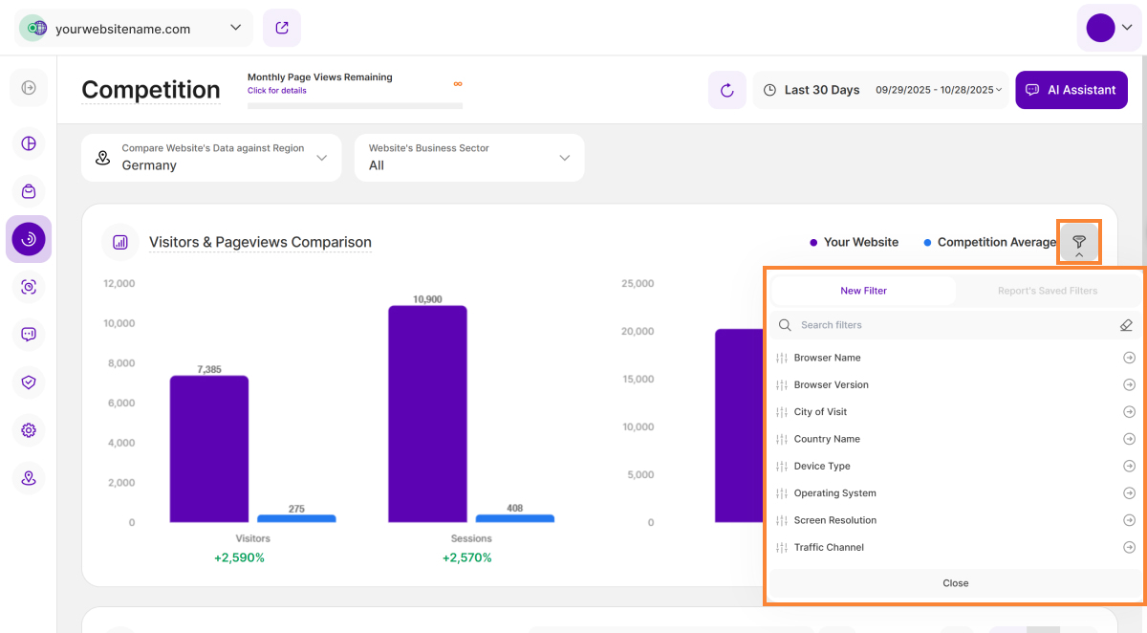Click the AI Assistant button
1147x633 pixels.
point(1071,90)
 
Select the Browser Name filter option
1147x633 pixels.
point(827,358)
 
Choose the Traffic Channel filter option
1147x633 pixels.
point(829,548)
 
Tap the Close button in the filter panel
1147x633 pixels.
point(955,583)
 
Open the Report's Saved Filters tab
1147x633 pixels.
point(1048,291)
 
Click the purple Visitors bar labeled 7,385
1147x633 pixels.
point(209,449)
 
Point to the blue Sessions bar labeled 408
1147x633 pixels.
point(514,518)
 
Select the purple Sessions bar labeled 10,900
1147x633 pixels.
point(427,414)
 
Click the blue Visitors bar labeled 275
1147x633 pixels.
point(296,518)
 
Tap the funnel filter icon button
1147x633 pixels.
point(1079,243)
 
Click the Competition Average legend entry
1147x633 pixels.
point(989,243)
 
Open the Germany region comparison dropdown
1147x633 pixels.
point(211,158)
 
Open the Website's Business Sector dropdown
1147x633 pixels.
point(469,158)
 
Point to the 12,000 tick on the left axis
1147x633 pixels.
point(119,284)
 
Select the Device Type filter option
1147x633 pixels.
point(822,467)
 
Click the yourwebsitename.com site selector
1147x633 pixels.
point(134,29)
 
